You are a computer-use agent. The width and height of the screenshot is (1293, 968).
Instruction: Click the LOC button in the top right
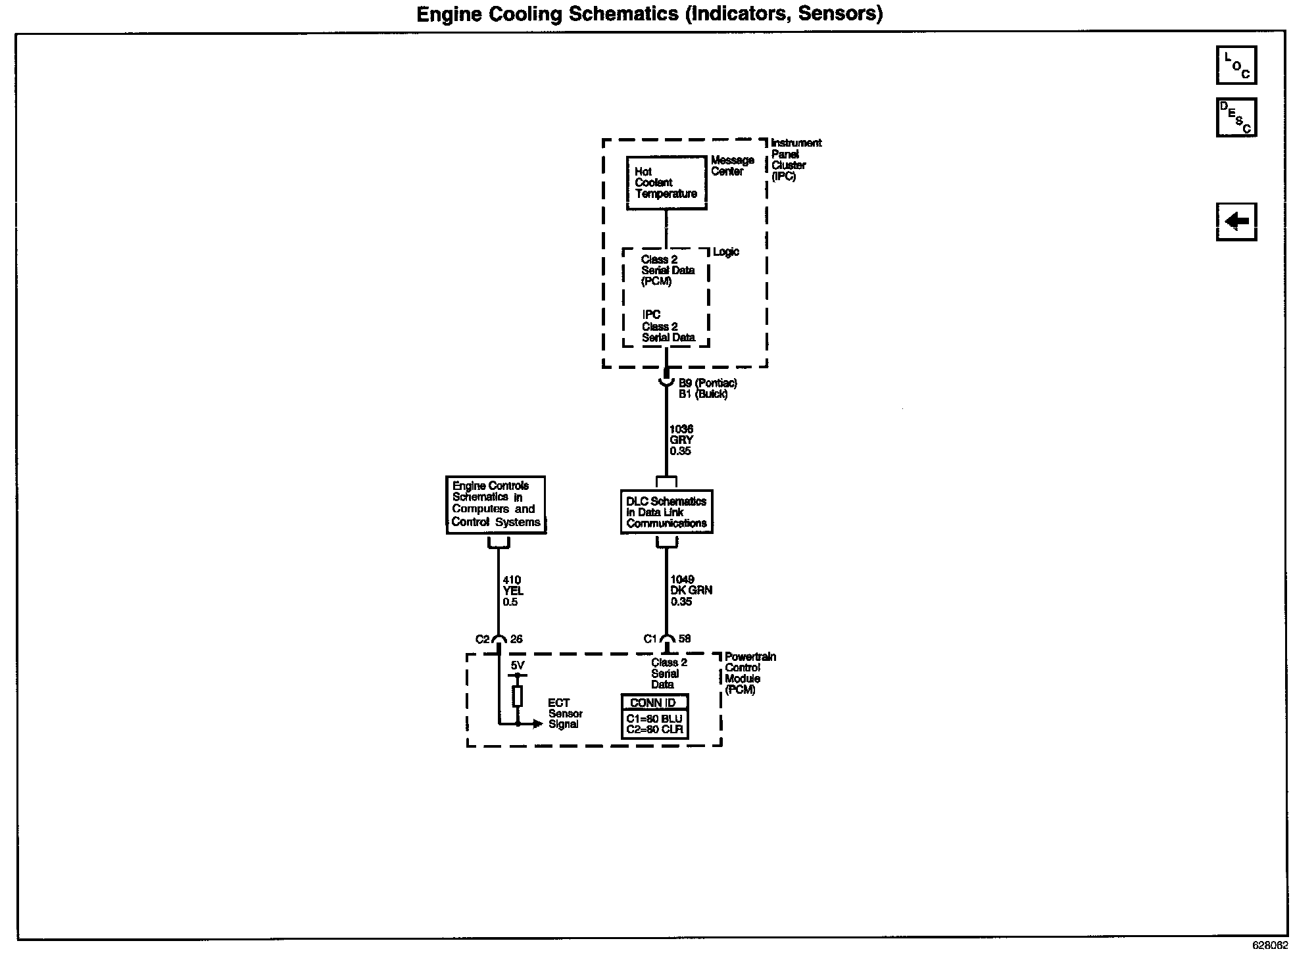tap(1236, 65)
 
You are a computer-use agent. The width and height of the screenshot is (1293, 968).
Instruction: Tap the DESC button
tap(1236, 117)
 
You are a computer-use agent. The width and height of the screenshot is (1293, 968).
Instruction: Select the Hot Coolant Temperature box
tap(666, 183)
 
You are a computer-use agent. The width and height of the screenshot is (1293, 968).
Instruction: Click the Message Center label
tap(732, 166)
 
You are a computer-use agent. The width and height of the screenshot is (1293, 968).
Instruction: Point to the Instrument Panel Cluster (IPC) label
tap(795, 159)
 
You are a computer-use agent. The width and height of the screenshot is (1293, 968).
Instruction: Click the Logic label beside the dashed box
tap(726, 252)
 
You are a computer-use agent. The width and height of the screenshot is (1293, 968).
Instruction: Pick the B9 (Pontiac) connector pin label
tap(708, 383)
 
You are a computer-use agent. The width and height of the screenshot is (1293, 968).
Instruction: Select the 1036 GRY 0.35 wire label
tap(681, 440)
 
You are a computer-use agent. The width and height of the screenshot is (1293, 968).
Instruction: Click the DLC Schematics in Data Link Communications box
tap(666, 512)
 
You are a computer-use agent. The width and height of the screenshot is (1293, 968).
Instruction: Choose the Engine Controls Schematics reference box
tap(496, 504)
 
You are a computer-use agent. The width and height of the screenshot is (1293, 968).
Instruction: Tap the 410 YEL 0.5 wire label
tap(513, 591)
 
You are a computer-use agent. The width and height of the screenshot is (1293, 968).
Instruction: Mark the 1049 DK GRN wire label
tap(691, 591)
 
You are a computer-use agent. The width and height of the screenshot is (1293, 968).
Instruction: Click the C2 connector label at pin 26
tap(483, 639)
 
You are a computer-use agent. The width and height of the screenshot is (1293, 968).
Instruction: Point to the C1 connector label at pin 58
tap(650, 639)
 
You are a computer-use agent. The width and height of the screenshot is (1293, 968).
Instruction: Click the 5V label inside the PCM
tap(518, 665)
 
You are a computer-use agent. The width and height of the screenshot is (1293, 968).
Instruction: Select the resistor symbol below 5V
tap(518, 696)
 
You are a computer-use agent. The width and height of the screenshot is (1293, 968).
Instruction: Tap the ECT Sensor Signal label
tap(565, 714)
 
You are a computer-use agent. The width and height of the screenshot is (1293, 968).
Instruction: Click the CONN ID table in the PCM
tap(654, 716)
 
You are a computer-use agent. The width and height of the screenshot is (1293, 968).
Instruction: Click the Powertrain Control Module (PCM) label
tap(750, 673)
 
